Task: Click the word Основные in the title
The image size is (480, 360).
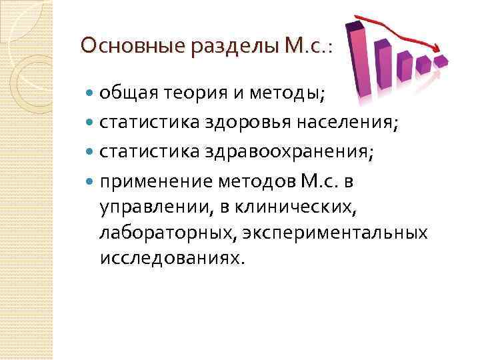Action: pyautogui.click(x=120, y=46)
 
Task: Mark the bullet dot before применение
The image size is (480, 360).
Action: pyautogui.click(x=91, y=182)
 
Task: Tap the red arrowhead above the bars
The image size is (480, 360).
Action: pyautogui.click(x=437, y=49)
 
